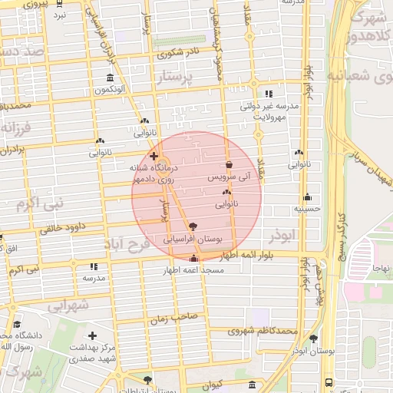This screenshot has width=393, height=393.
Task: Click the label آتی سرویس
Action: pos(230,177)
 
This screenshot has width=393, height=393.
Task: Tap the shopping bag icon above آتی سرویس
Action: pos(230,165)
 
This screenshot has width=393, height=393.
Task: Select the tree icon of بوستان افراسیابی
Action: pos(192,226)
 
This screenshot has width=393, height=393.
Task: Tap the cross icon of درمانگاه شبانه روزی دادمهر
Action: pos(154,156)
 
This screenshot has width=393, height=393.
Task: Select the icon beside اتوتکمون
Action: pos(111,78)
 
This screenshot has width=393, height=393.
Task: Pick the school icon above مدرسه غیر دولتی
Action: pos(268,94)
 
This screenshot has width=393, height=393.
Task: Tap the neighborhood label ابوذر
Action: pos(282,236)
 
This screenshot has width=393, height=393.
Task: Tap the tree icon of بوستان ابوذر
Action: pos(313,339)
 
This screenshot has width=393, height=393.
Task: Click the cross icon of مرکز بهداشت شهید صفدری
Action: pos(93,336)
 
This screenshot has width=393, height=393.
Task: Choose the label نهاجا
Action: pos(381,267)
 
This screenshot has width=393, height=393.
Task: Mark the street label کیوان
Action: pos(213,382)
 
